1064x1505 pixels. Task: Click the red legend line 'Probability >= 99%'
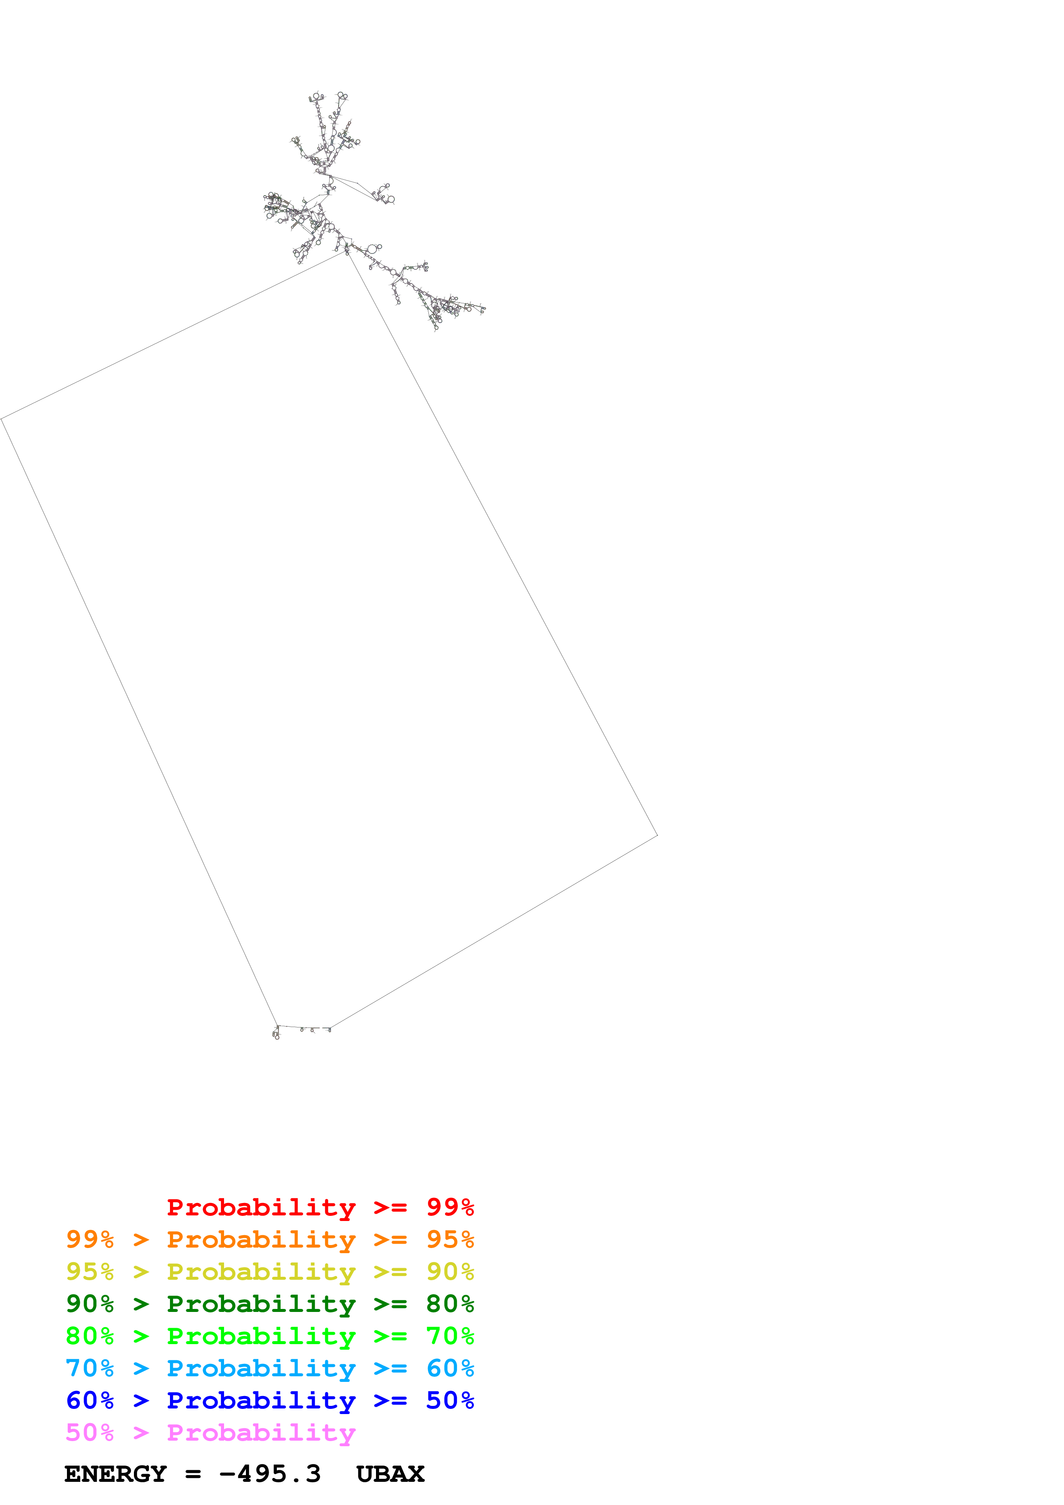(x=320, y=1207)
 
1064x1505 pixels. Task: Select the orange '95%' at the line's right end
(x=450, y=1239)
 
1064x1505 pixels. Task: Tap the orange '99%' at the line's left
(x=90, y=1239)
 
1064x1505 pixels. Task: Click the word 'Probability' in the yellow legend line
(x=261, y=1272)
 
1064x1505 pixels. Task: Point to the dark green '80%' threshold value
(x=450, y=1304)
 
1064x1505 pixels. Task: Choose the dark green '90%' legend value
(x=90, y=1304)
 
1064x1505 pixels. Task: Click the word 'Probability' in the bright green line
(x=261, y=1336)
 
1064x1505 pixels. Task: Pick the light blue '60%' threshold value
(x=450, y=1368)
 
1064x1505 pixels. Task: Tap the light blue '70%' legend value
(x=90, y=1368)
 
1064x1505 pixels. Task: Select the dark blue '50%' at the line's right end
(x=450, y=1400)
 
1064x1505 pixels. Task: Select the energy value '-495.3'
(x=270, y=1474)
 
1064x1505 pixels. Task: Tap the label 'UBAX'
(x=390, y=1474)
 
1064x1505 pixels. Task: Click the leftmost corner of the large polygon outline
(x=1, y=418)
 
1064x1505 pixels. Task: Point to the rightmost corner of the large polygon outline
(x=657, y=835)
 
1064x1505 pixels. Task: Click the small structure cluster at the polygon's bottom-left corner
(x=276, y=1033)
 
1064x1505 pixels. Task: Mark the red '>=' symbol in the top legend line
(x=390, y=1207)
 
